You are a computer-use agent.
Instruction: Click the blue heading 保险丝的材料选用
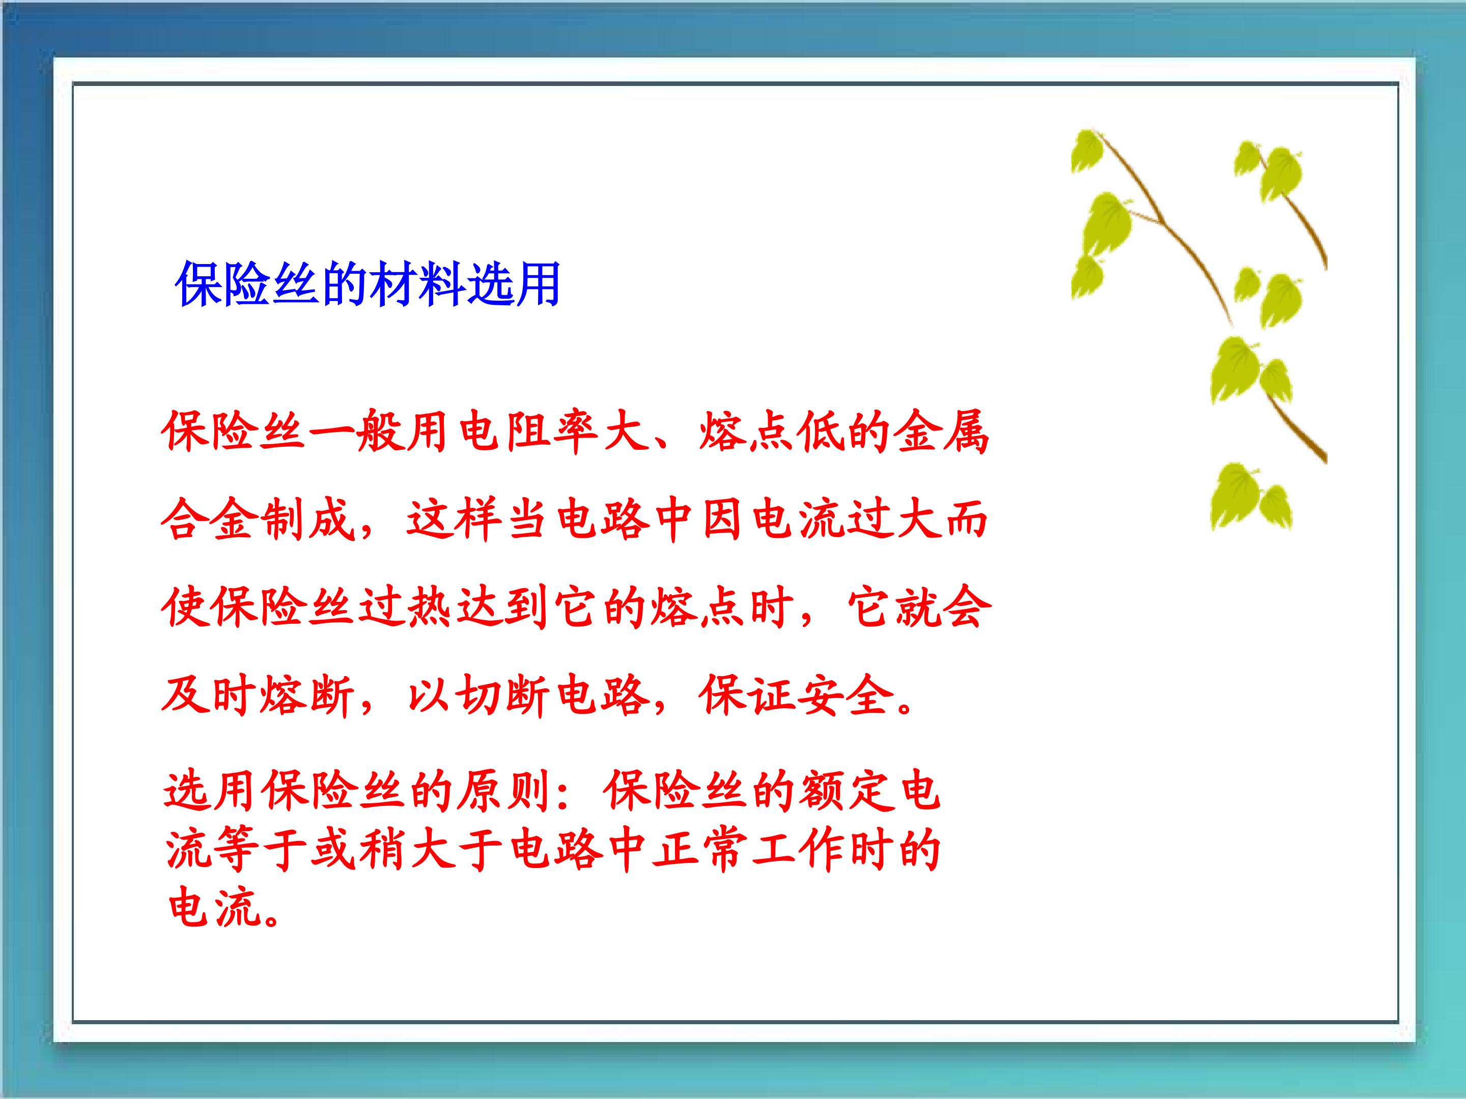click(x=369, y=285)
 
